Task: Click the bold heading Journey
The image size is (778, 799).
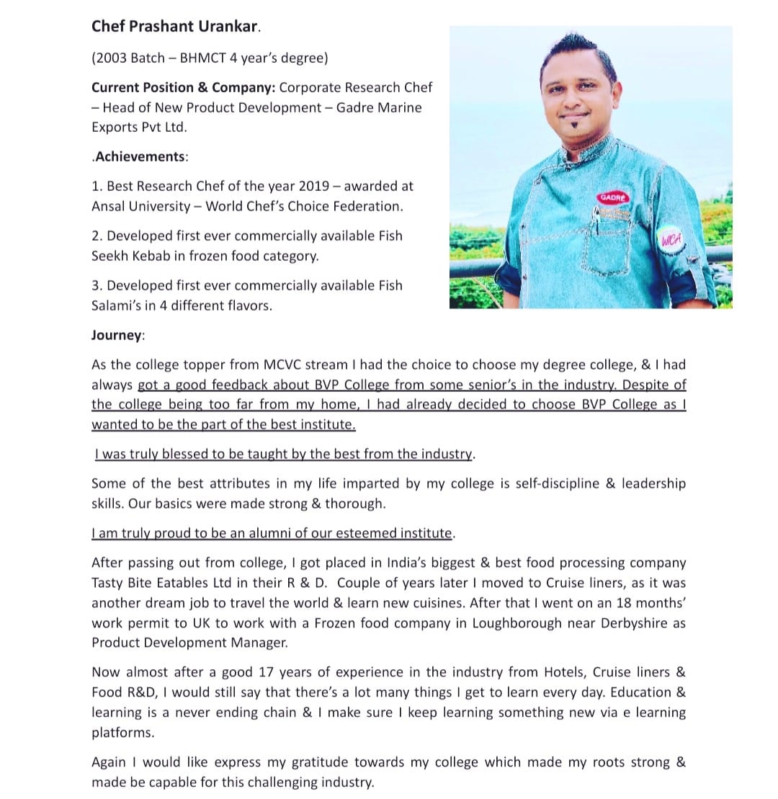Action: coord(117,335)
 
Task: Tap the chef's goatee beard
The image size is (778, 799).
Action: coord(573,132)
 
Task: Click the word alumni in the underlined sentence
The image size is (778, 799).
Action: coord(269,533)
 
